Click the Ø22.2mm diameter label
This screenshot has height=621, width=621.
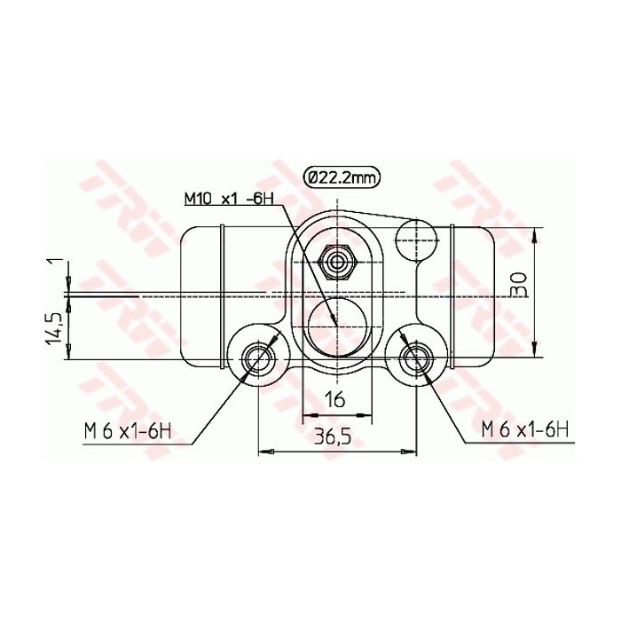(341, 177)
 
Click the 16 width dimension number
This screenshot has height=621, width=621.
(334, 399)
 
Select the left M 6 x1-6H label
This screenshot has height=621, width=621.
(127, 432)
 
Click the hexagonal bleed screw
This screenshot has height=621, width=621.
(337, 262)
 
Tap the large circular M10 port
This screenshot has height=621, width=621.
(336, 323)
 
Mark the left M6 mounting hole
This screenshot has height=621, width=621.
(258, 359)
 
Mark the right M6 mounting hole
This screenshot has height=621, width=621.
(415, 359)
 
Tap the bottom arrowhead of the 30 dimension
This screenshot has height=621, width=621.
(535, 350)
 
